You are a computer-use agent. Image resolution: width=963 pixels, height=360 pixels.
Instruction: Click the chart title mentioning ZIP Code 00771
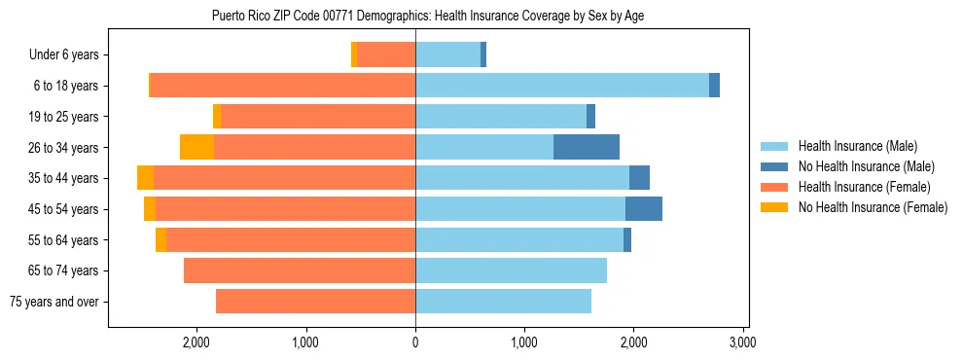tap(428, 16)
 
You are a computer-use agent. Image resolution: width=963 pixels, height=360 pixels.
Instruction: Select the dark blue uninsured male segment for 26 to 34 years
tap(587, 147)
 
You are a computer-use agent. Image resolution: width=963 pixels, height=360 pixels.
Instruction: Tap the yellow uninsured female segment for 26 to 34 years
tap(196, 147)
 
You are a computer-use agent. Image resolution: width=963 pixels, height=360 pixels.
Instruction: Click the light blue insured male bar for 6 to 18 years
tap(562, 86)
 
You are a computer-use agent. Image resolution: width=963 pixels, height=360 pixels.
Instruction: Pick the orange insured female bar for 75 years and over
tap(315, 302)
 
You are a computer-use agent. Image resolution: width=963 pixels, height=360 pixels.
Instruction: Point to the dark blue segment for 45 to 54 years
tap(644, 209)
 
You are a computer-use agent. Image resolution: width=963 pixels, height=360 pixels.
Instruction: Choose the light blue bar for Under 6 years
tap(447, 54)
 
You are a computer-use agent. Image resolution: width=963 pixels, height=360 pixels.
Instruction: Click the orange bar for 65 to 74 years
tap(300, 270)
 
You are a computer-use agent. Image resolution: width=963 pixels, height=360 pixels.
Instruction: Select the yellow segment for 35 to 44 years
tap(145, 178)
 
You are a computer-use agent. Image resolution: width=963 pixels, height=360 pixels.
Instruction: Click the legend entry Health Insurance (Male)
tap(855, 146)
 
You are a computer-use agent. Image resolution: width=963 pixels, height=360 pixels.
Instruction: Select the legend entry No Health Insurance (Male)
tap(862, 166)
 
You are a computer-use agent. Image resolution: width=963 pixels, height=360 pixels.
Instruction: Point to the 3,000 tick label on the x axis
tap(743, 342)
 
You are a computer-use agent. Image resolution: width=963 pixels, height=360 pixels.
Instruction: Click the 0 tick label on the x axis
tap(415, 342)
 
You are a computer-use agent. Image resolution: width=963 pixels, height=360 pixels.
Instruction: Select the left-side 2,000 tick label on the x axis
tap(196, 342)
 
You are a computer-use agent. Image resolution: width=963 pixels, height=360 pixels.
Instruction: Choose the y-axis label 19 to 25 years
tap(64, 117)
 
